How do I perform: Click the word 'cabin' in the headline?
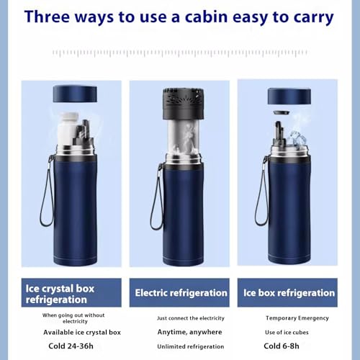(x=206, y=17)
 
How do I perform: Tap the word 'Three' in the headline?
(x=47, y=17)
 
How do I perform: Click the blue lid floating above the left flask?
(x=75, y=94)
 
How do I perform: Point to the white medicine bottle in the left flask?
(x=68, y=128)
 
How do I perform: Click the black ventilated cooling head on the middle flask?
(x=184, y=104)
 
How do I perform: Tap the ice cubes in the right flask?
(x=297, y=138)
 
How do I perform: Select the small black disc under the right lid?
(x=282, y=112)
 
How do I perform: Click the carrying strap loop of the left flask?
(x=48, y=192)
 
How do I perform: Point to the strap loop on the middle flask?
(x=158, y=197)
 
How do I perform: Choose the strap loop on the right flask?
(x=262, y=192)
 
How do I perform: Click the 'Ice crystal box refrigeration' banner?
(x=71, y=292)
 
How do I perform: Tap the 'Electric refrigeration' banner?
(x=179, y=292)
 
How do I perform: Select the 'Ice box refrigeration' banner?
(x=287, y=292)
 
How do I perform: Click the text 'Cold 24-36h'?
(x=71, y=346)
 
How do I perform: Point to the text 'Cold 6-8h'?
(x=282, y=346)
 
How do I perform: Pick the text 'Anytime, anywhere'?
(x=189, y=332)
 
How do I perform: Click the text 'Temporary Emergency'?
(x=297, y=318)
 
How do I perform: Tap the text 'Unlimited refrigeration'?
(x=191, y=346)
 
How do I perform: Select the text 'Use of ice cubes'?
(x=287, y=333)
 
